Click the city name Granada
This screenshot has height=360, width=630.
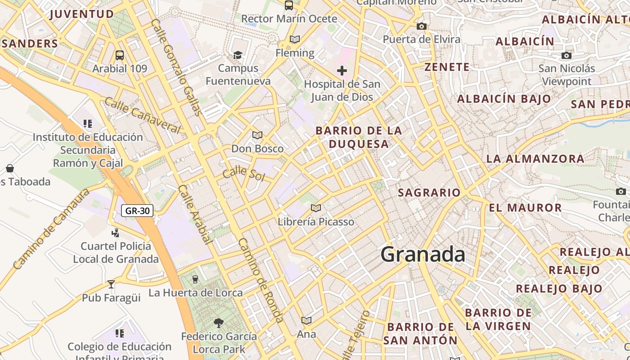coord(423,254)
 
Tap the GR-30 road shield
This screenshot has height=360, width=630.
coord(137,210)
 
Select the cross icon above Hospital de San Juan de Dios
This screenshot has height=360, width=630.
coord(342,71)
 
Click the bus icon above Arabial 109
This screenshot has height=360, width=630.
coord(120,55)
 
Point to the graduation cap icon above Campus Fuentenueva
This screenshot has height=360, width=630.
coord(238,55)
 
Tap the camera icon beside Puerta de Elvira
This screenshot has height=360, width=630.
coord(422,26)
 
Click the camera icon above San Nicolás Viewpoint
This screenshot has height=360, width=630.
coord(567,56)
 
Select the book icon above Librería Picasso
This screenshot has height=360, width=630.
coord(316,208)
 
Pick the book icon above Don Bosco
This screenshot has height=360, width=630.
coord(257,135)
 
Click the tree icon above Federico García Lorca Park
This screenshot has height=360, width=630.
coord(219,323)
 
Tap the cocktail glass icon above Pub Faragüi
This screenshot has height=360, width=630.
coord(111,284)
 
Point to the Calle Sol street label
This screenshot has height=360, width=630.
coord(244,173)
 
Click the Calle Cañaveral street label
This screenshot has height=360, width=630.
coord(142,115)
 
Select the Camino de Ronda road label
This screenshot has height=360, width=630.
coord(261,280)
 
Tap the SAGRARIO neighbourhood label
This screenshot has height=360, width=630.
coord(429,193)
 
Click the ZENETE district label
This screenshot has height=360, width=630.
coord(447,67)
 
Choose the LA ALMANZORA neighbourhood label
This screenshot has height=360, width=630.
coord(535,158)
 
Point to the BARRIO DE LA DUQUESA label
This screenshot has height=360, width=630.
coord(359,137)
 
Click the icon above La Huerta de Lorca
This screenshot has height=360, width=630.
coord(195,279)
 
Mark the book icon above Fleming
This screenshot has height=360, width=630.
coord(295,40)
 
